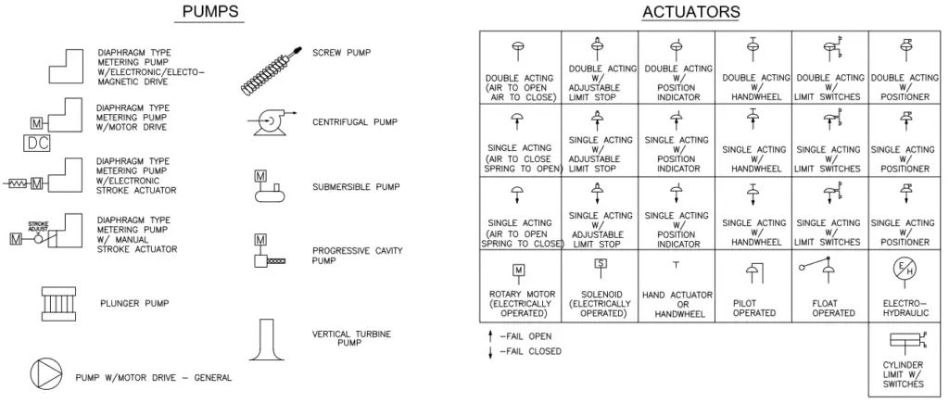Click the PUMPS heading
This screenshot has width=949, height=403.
(210, 12)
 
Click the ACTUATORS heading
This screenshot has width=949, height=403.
(690, 12)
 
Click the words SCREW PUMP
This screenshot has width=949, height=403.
(341, 53)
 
